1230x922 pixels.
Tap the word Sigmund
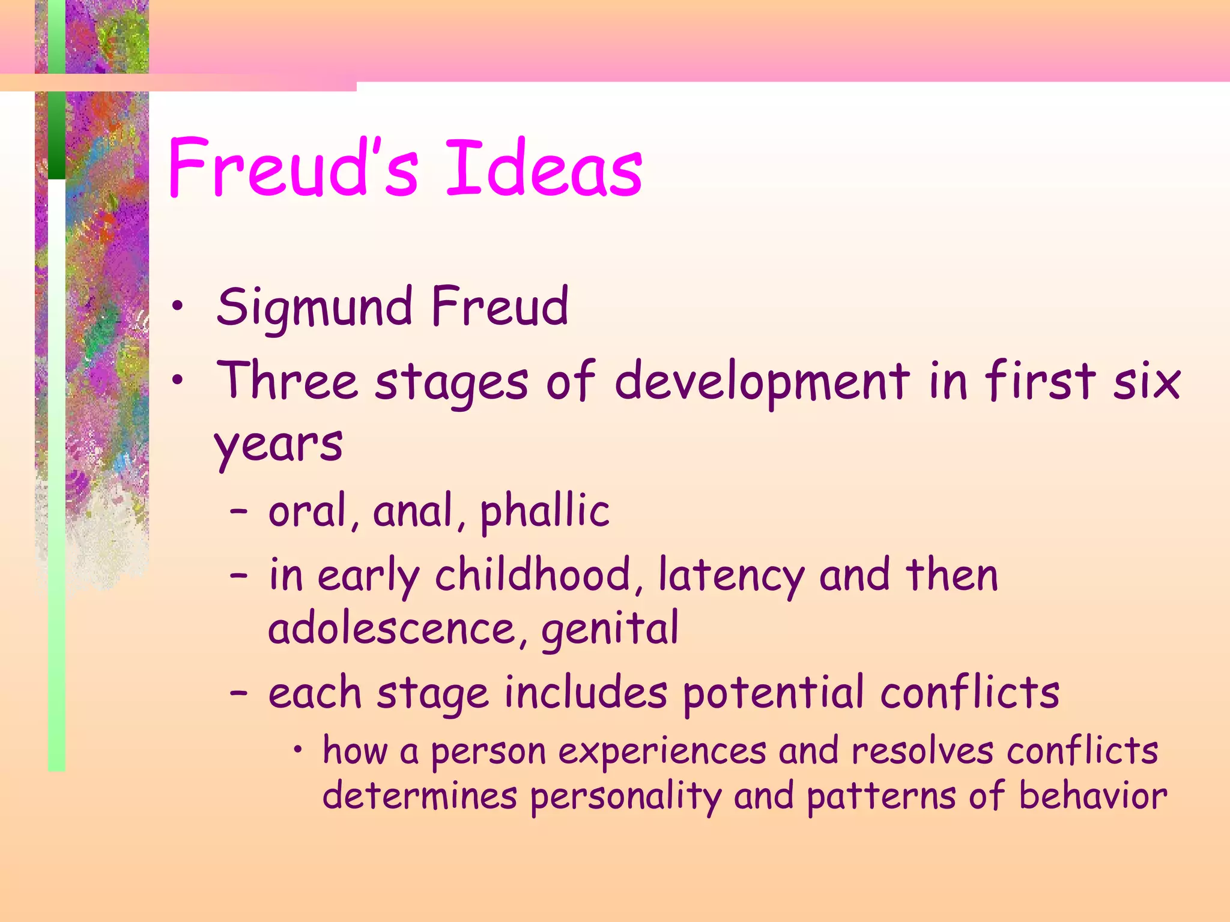(314, 307)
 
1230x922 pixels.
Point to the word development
(762, 382)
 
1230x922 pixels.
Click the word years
(278, 445)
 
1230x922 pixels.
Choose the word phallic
(545, 511)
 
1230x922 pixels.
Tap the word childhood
(532, 574)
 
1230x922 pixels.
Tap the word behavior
(1093, 796)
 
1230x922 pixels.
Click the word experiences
(662, 752)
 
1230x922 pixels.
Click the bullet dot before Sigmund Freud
(177, 307)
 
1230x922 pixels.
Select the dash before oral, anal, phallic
(238, 511)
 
